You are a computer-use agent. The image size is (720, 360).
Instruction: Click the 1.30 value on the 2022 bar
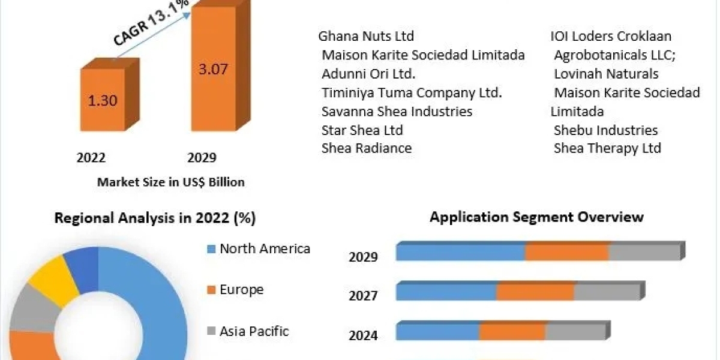(103, 100)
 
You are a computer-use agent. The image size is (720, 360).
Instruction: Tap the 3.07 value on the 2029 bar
(214, 69)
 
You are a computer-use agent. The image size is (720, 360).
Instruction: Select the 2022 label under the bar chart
(91, 158)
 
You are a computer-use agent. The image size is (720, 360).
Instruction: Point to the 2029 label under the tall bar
(202, 158)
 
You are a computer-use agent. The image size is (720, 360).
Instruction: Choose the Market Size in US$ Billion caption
(171, 182)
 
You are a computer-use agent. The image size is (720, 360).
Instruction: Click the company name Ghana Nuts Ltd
(366, 37)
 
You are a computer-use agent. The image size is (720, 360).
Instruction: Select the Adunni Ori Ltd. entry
(368, 74)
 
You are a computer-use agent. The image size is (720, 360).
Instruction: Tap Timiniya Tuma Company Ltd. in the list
(412, 92)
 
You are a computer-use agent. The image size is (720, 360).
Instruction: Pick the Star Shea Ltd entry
(362, 130)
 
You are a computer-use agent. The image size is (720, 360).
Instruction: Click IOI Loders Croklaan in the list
(611, 37)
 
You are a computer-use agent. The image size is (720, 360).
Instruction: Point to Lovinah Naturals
(606, 74)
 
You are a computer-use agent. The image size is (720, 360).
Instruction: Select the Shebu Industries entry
(605, 130)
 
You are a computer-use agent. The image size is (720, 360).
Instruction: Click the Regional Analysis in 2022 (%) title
(155, 218)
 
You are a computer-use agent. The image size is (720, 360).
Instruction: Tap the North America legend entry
(265, 248)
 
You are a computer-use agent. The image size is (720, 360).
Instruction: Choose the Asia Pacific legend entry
(254, 331)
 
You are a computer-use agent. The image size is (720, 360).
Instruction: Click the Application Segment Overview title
(536, 217)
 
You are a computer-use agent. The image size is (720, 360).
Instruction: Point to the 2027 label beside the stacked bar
(363, 295)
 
